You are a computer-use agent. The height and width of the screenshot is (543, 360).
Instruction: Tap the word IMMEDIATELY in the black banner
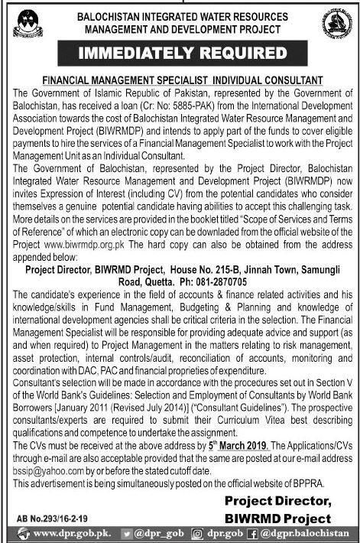(135, 54)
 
